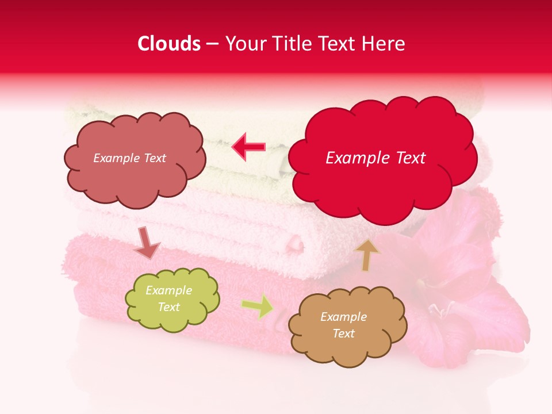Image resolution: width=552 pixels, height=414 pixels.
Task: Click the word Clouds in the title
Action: coord(169,44)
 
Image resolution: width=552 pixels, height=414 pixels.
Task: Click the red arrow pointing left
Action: coord(248,147)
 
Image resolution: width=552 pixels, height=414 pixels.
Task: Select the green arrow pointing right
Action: coord(258,306)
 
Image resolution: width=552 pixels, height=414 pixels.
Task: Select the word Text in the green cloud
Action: coord(169,307)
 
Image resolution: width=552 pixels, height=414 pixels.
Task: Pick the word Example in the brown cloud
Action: coord(343,317)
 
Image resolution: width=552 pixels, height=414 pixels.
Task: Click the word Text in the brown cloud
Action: coord(343,333)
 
